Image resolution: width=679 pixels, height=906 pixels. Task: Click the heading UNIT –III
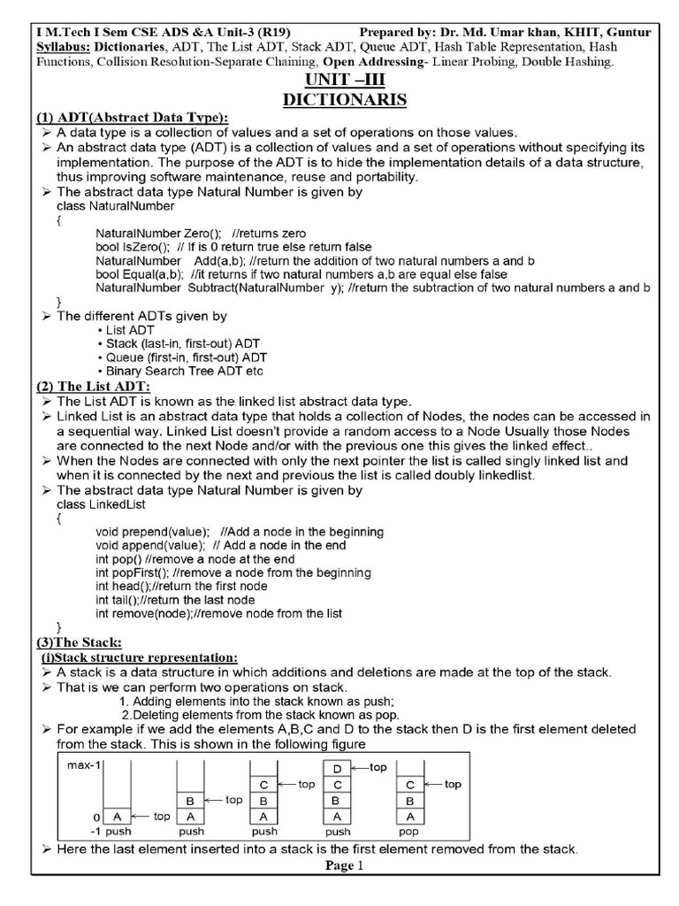pos(344,81)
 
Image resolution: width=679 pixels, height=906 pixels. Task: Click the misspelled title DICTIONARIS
pos(344,100)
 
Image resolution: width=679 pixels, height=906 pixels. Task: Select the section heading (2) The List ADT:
pos(94,386)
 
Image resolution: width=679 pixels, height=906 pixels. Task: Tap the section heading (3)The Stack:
pos(79,641)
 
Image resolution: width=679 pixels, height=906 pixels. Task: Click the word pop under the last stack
pos(408,832)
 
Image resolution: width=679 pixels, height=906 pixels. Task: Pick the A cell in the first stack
pos(118,817)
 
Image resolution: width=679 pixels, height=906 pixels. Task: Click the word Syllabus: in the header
pos(64,46)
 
